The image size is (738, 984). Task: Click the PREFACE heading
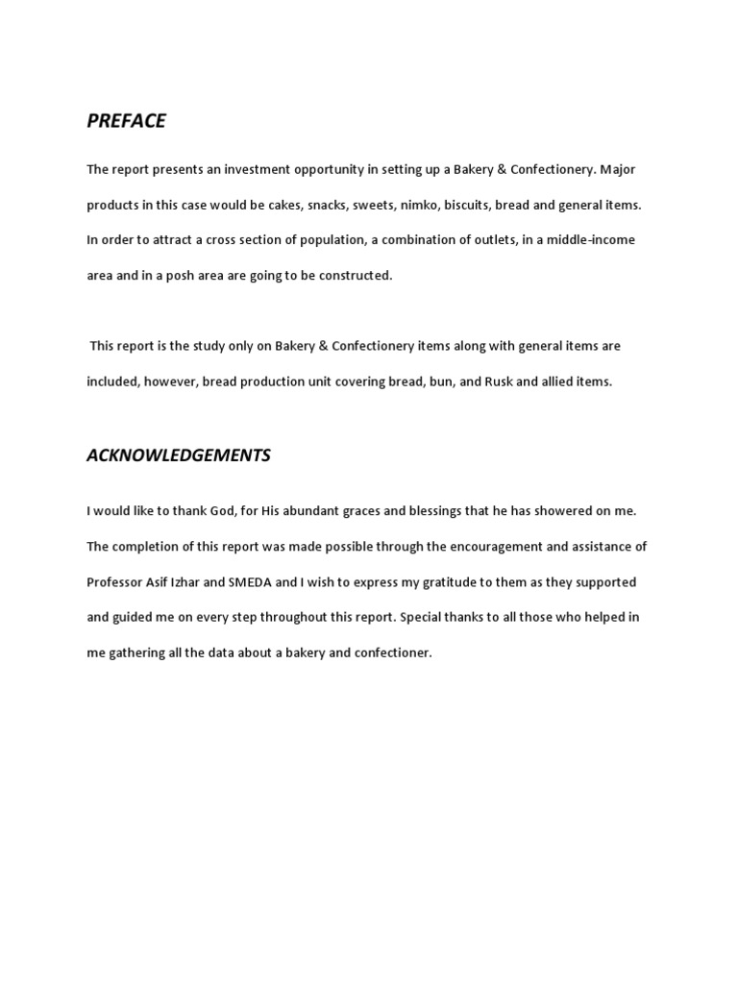point(126,120)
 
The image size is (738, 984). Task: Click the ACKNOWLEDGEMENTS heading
point(179,455)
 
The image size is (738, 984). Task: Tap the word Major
point(618,170)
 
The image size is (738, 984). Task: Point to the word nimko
point(415,205)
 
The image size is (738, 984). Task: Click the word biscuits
point(466,205)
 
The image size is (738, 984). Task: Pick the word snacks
point(325,205)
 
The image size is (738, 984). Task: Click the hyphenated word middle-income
point(591,240)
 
